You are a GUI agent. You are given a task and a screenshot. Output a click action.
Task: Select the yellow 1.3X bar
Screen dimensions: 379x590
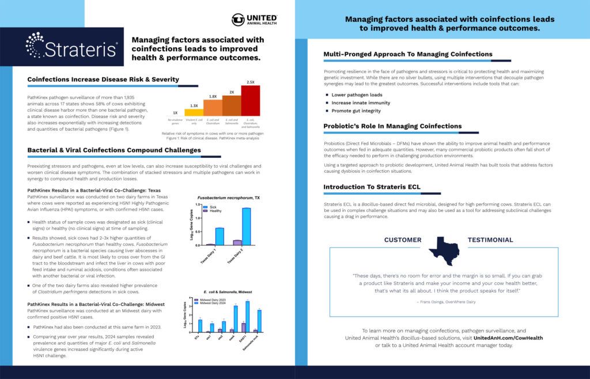coord(194,112)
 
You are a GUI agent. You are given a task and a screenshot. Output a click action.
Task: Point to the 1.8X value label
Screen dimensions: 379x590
coord(213,96)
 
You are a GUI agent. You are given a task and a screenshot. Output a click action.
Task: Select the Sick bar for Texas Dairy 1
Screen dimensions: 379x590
coord(220,236)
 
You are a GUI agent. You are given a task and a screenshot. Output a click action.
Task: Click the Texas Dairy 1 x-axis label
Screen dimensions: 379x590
coord(215,255)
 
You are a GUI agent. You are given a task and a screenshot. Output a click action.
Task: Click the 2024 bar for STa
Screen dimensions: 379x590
coord(201,326)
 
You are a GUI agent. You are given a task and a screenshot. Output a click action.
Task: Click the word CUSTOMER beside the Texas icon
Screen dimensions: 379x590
coord(403,240)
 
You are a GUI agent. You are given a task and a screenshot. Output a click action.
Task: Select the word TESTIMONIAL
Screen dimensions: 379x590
coord(490,240)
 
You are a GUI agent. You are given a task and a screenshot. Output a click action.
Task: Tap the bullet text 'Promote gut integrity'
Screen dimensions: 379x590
coord(355,111)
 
